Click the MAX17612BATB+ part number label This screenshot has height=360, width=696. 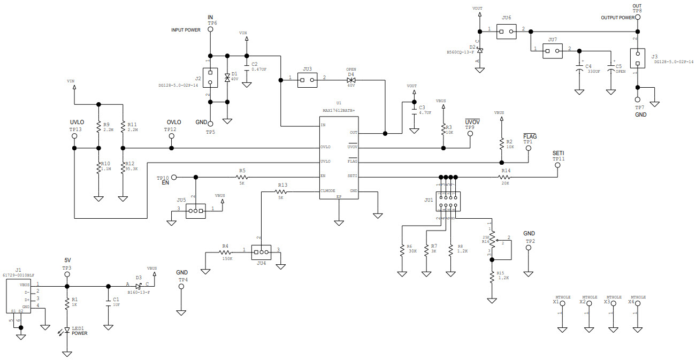(339, 111)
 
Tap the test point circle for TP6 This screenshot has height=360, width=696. (210, 30)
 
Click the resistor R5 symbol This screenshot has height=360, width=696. (242, 176)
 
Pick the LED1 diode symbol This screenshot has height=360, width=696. (67, 331)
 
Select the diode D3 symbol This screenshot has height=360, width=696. (138, 286)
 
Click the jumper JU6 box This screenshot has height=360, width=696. (506, 32)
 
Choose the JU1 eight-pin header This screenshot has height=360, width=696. (447, 202)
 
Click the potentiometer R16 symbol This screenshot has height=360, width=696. (492, 238)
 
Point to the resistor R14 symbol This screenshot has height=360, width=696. (505, 176)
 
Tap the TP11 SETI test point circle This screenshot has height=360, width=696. (557, 165)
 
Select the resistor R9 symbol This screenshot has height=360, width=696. (98, 127)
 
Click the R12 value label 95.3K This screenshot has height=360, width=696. (132, 169)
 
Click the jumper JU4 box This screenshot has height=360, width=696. (261, 252)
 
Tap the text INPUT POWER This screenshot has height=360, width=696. (186, 30)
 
